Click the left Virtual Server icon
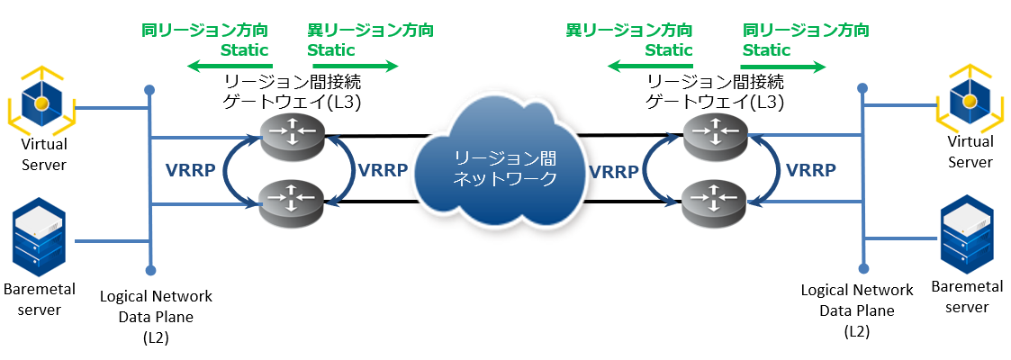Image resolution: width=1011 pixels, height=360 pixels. click(41, 103)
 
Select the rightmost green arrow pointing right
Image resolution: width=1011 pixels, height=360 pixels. click(782, 66)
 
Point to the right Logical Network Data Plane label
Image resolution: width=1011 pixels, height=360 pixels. click(856, 310)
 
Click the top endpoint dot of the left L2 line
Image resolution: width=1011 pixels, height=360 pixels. click(149, 89)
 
